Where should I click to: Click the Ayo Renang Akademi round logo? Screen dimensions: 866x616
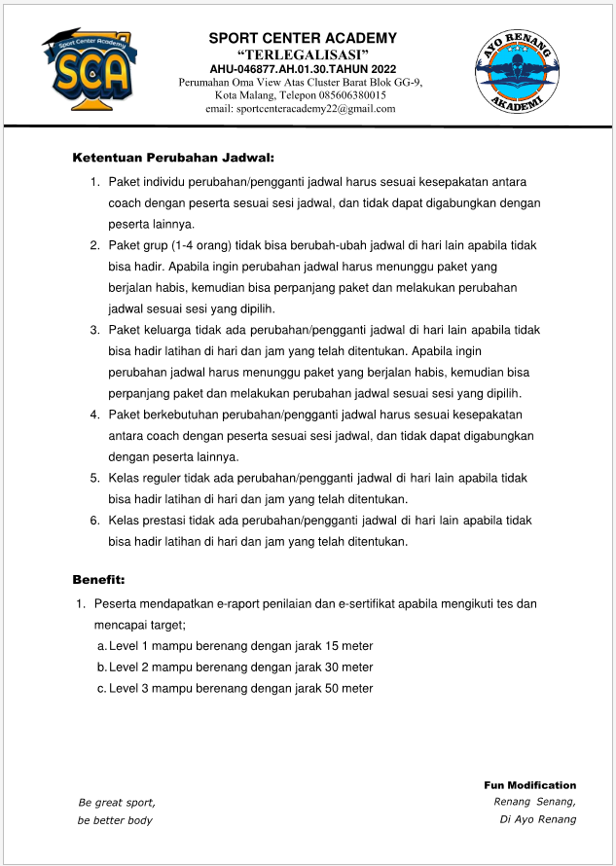click(519, 71)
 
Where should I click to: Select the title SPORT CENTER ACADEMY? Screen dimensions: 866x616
click(303, 38)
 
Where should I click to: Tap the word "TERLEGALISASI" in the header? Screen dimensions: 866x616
click(303, 54)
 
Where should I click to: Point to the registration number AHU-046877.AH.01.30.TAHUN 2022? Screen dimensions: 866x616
click(303, 69)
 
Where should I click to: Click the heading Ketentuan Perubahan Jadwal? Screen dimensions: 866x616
click(173, 157)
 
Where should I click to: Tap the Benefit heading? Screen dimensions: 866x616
click(98, 579)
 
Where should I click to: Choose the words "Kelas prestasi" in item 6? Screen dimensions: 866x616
click(146, 521)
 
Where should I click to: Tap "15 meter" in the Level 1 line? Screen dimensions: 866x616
click(349, 646)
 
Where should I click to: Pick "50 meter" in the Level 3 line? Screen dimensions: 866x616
click(349, 688)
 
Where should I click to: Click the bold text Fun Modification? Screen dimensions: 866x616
click(529, 785)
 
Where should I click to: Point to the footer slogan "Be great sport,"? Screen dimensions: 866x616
click(116, 803)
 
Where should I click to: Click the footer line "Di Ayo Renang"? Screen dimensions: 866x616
click(537, 818)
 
